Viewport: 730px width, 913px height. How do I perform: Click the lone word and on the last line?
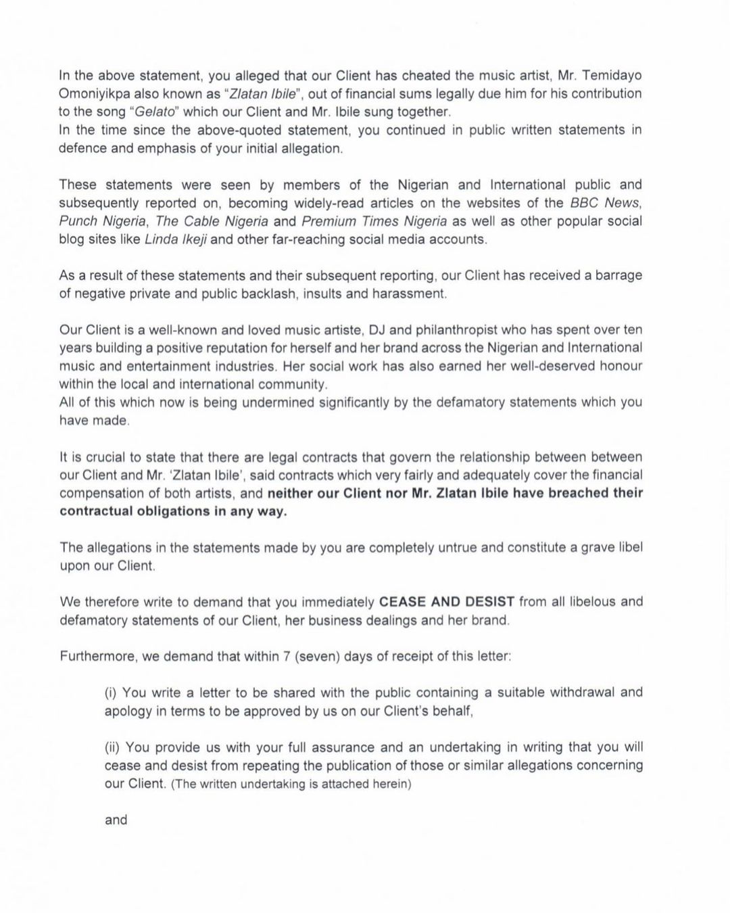pyautogui.click(x=116, y=820)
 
